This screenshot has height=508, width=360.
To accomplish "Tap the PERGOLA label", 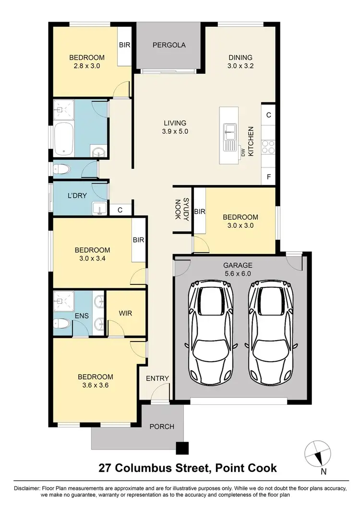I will tap(168, 46).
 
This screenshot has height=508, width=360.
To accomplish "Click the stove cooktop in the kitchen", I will tap(268, 147).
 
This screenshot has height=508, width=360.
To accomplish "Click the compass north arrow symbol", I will tap(318, 452).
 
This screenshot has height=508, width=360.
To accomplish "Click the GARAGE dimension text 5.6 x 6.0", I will tap(238, 274).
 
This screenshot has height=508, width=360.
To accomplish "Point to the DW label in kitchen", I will tap(243, 152).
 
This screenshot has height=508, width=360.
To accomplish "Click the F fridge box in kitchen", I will tap(268, 177).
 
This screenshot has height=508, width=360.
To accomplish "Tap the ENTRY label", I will tap(157, 378).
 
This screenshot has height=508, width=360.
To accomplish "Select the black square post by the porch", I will tap(182, 448).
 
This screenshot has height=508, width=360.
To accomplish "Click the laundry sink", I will tap(100, 208).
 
